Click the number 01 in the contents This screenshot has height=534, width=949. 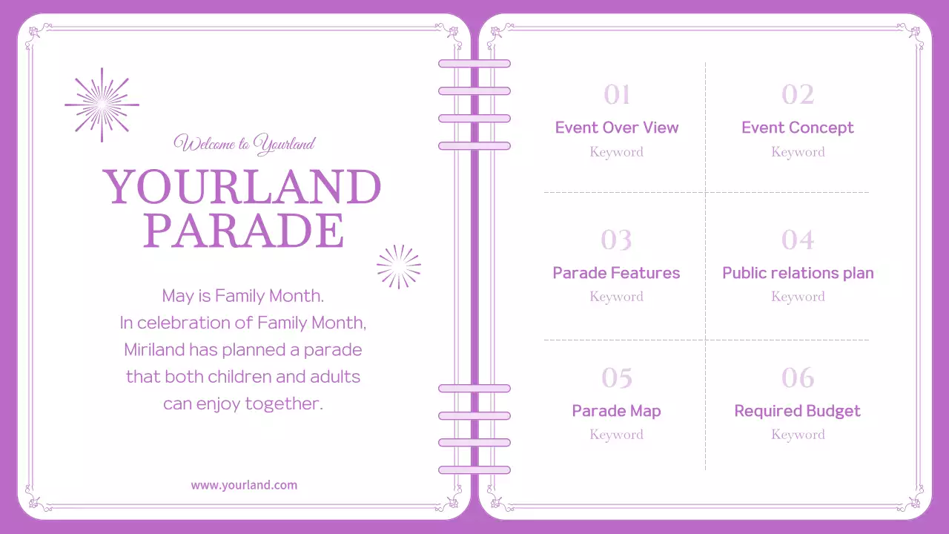tap(617, 95)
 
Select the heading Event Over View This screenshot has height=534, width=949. tap(617, 128)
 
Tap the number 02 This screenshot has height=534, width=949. tap(798, 95)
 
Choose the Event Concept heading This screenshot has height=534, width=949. tap(798, 128)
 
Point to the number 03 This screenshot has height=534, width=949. tap(617, 240)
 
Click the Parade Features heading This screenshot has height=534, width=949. tap(616, 273)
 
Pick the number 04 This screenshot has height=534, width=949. tap(798, 240)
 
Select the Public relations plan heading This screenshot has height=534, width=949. tap(798, 273)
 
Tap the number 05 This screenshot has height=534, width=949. tap(617, 378)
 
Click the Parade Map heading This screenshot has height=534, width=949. tap(616, 411)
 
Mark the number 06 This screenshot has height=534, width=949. tap(798, 378)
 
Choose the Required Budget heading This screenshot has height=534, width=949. tap(798, 411)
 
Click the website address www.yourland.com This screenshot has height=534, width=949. tap(244, 485)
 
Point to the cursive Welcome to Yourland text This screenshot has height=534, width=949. tap(244, 144)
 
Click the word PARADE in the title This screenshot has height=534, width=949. tap(244, 231)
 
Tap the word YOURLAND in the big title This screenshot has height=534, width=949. tap(242, 187)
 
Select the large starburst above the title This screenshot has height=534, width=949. tap(102, 105)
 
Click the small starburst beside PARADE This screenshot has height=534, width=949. tap(399, 266)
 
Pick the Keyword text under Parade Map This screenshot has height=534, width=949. tap(616, 435)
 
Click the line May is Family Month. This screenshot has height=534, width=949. tap(243, 296)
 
